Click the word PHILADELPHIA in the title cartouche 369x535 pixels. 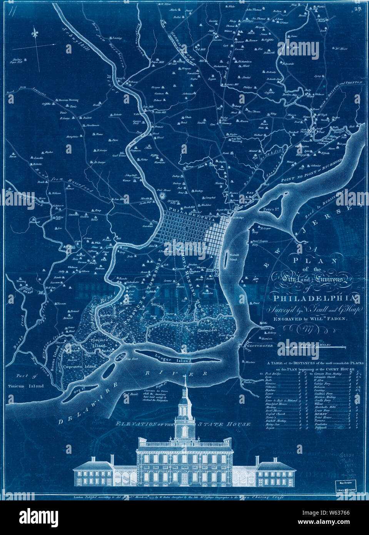[x=315, y=298]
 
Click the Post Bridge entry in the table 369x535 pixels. [x=272, y=374]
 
